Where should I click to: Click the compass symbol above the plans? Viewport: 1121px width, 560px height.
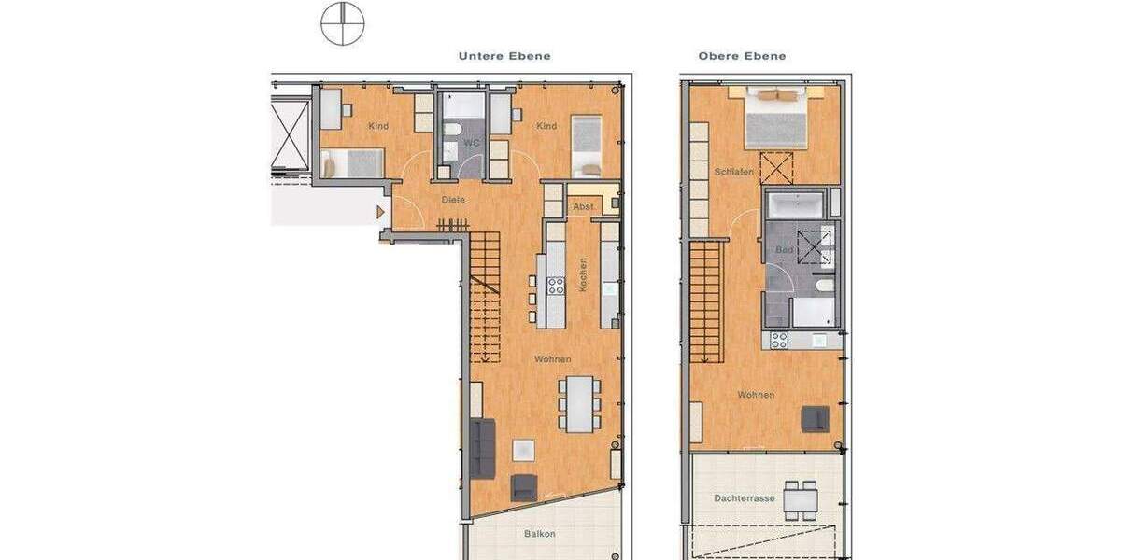[342, 23]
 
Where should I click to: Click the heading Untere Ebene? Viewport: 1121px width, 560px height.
[504, 56]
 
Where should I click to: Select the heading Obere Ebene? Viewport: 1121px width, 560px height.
[742, 56]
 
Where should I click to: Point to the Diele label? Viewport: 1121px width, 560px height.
[453, 199]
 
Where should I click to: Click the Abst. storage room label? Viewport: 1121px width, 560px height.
[583, 206]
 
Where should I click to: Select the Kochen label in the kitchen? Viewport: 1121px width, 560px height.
[582, 275]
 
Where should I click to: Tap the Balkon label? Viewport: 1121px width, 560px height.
[539, 534]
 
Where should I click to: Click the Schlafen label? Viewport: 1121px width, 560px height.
[733, 172]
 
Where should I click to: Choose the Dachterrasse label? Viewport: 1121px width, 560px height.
[745, 498]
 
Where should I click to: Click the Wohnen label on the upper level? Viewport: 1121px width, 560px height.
[755, 395]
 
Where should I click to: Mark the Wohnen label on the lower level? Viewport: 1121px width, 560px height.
[552, 359]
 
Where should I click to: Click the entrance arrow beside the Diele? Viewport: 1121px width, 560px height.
[380, 213]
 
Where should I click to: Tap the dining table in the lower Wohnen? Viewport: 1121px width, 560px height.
[580, 403]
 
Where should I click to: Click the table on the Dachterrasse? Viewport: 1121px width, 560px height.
[800, 500]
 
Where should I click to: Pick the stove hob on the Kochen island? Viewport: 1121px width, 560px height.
[556, 286]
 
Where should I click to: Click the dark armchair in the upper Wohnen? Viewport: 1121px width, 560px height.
[814, 419]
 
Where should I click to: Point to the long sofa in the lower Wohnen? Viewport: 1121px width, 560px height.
[482, 448]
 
